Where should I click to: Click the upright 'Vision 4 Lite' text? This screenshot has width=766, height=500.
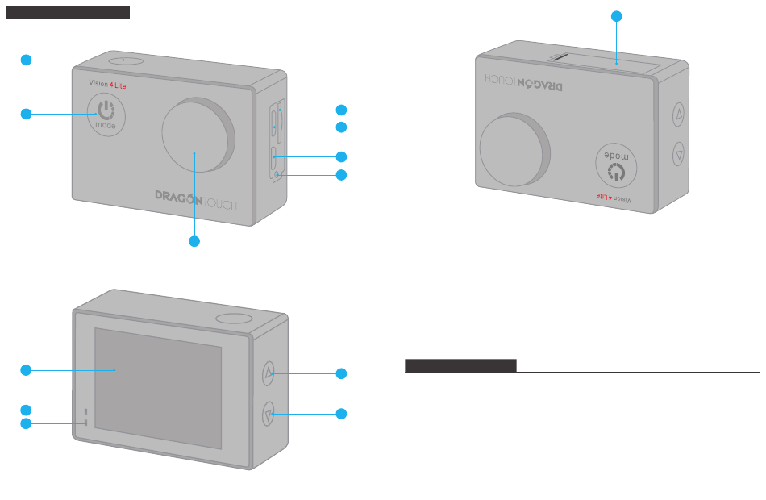coord(106,83)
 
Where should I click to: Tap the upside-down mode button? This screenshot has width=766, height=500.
coord(615,167)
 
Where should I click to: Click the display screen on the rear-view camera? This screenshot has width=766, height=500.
coord(158,388)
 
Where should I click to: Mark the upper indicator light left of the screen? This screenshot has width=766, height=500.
coord(85,410)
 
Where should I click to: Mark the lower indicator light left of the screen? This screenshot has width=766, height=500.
coord(85,423)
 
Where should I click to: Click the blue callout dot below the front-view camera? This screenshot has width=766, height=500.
coord(194,241)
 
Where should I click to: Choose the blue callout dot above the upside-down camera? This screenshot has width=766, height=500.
coord(617,15)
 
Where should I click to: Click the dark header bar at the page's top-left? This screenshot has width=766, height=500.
coord(68,12)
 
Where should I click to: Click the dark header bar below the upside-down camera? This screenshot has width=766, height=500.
coord(460,366)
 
